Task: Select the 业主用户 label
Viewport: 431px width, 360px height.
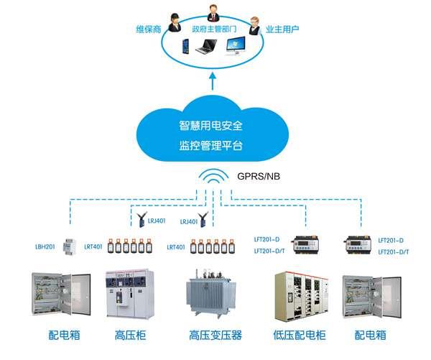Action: pos(282,29)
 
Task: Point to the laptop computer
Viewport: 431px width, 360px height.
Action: pos(208,48)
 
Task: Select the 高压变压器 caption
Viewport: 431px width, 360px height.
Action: pos(215,335)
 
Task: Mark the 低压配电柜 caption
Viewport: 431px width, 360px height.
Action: pos(300,335)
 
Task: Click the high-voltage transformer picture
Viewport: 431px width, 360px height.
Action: pos(214,296)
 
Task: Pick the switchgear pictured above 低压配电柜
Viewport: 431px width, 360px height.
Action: pos(300,295)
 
